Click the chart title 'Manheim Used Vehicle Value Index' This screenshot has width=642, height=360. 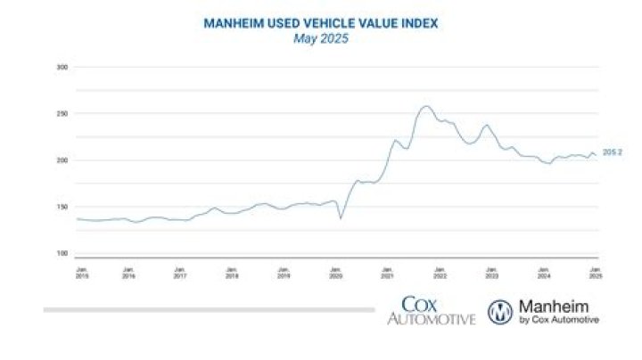tap(321, 24)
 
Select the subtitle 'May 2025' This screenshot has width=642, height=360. tap(321, 39)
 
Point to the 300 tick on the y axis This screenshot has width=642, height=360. tap(62, 68)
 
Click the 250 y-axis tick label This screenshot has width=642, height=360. tap(62, 114)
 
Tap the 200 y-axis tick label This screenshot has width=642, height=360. tap(62, 160)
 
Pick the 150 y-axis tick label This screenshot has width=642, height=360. tap(62, 207)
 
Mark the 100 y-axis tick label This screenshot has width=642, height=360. tap(62, 253)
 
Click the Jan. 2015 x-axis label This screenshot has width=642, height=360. tap(81, 271)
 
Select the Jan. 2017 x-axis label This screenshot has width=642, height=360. tap(180, 271)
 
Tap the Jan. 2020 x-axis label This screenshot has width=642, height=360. tap(336, 271)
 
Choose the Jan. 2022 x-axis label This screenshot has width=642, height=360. tap(440, 271)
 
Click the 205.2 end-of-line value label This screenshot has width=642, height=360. tap(612, 153)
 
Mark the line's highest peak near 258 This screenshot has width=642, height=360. tap(425, 107)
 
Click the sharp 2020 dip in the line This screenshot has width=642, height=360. tap(340, 218)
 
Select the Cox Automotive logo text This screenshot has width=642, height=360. tap(431, 311)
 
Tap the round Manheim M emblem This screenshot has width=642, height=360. tap(500, 311)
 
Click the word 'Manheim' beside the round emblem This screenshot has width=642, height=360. tap(558, 306)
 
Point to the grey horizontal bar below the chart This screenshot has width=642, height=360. tap(209, 310)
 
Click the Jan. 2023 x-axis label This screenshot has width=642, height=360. tap(490, 271)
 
